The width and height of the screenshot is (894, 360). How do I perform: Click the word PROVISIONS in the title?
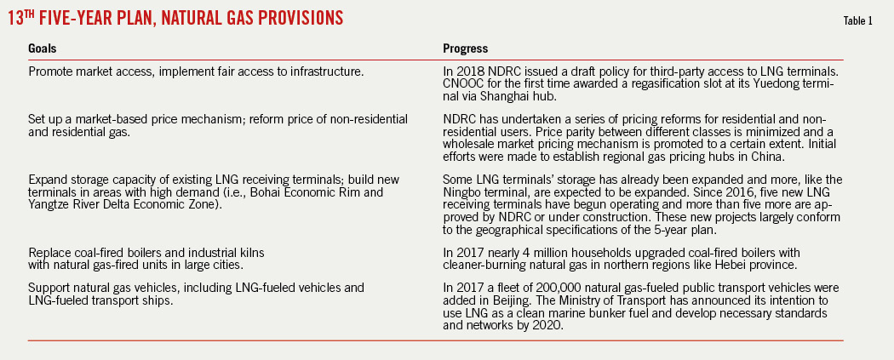[285, 17]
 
